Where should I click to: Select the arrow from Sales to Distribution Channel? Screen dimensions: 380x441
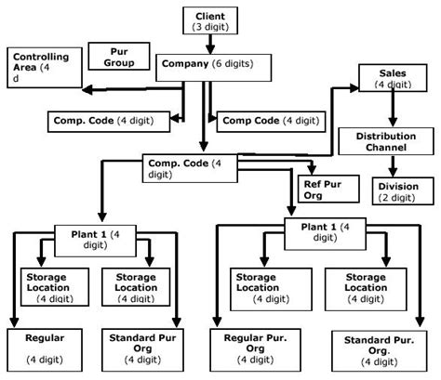click(392, 109)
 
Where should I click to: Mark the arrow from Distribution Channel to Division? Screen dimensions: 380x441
click(392, 166)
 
